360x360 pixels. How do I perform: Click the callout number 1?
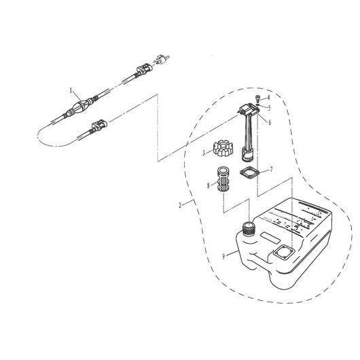click(71, 91)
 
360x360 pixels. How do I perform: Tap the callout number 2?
click(180, 205)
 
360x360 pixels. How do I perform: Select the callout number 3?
click(204, 153)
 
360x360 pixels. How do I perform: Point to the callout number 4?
click(268, 98)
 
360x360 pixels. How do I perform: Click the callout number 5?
click(269, 108)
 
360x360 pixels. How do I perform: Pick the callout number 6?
click(270, 122)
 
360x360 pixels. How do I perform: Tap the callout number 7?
click(272, 169)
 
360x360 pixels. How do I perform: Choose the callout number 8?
click(209, 185)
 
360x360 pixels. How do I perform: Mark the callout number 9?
click(223, 257)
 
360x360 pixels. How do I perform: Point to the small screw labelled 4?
click(257, 99)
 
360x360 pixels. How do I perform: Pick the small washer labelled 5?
click(258, 105)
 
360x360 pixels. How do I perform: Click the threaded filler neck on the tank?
click(249, 228)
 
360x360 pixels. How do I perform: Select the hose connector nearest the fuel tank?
click(99, 126)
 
